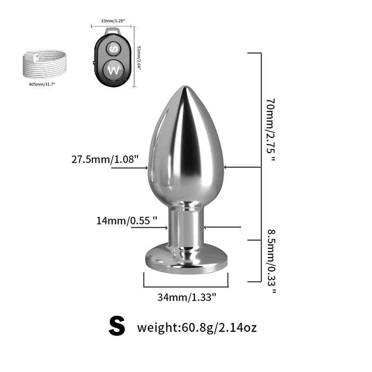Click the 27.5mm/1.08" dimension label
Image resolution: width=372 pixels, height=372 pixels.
pos(105,160)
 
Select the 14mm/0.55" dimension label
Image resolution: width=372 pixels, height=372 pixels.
pos(126,220)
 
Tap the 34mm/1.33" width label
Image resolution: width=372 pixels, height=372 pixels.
pos(187,298)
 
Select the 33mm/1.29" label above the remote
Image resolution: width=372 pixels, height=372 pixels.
pos(113,21)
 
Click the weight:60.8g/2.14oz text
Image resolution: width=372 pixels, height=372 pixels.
pos(197,328)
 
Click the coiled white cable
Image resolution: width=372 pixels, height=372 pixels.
pos(44,65)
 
